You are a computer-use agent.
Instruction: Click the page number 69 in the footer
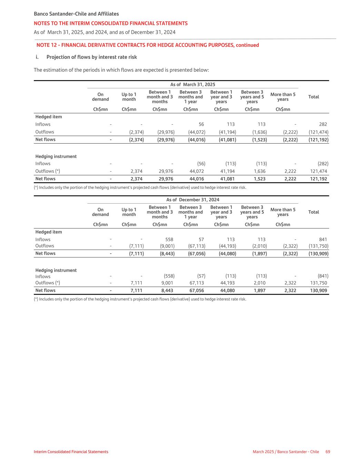[327, 452]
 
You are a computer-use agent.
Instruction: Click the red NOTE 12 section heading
[148, 45]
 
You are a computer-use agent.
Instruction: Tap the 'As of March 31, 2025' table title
[193, 85]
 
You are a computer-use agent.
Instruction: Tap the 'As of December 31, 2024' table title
[193, 200]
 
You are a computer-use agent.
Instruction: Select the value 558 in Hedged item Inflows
[169, 239]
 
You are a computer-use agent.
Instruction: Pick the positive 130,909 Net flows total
[319, 291]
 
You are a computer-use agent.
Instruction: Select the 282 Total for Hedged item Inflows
[323, 124]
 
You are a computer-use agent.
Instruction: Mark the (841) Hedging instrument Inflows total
[323, 276]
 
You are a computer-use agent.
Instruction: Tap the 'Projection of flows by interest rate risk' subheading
[91, 57]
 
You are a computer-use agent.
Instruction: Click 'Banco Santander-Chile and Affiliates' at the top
[76, 14]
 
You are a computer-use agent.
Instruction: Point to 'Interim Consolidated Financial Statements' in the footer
[71, 452]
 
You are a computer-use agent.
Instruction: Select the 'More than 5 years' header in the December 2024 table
[283, 212]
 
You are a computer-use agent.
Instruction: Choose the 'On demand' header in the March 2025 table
[100, 97]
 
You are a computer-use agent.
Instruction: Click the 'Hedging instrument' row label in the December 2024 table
[56, 270]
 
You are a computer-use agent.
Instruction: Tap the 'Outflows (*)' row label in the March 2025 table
[48, 171]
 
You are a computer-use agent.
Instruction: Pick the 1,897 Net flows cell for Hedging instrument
[259, 291]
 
